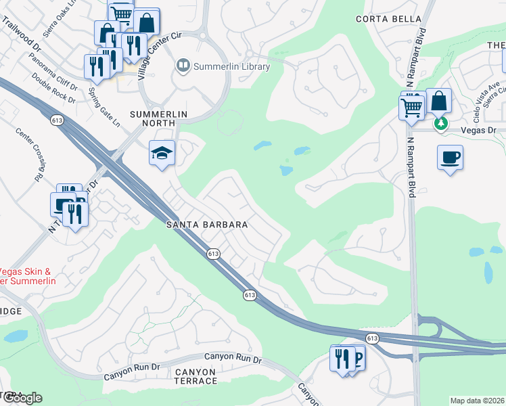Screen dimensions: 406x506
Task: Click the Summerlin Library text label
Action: pos(231,66)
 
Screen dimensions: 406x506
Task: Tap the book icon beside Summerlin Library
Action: pos(183,66)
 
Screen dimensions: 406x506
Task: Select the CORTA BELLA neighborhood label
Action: pos(384,19)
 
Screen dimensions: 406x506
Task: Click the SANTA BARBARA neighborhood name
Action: pos(207,225)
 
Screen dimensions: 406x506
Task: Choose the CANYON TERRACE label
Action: pos(186,376)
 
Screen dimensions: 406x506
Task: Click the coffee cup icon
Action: pos(451,158)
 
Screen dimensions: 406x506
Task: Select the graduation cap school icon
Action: pos(162,154)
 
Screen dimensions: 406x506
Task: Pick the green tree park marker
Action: pos(441,123)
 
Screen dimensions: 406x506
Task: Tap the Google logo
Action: pos(22,398)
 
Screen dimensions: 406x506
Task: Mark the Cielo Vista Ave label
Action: pos(486,91)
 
